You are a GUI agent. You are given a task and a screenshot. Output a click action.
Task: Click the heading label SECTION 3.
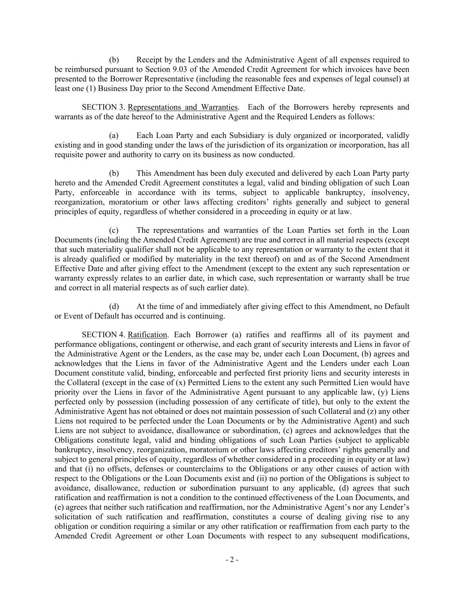point(103,107)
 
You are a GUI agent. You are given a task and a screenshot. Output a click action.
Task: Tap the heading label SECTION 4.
point(103,335)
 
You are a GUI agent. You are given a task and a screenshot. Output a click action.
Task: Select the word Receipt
point(150,60)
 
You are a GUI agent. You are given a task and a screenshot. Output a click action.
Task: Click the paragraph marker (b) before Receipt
point(114,60)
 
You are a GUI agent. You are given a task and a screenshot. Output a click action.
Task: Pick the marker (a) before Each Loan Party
point(114,135)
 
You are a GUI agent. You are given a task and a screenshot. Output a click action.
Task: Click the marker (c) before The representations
point(114,230)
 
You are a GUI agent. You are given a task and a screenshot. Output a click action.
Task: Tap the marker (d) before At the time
point(114,306)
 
